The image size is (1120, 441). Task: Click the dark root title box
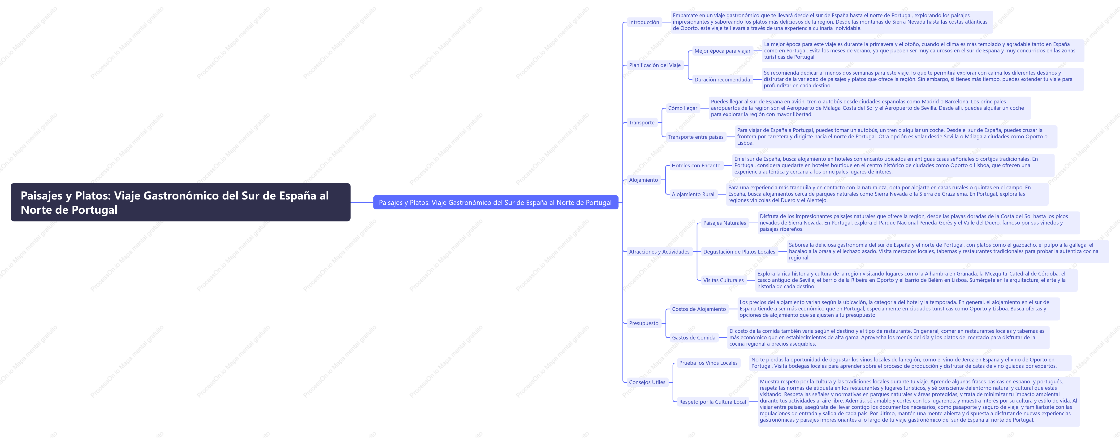[x=180, y=203]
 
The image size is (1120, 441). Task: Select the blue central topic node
[x=496, y=203]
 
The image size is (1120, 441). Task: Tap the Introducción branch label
[x=644, y=22]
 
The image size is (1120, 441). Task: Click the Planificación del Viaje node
[x=655, y=65]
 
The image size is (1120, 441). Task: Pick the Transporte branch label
[x=642, y=123]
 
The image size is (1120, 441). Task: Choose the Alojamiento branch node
[x=644, y=180]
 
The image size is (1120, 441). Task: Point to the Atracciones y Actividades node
[x=659, y=252]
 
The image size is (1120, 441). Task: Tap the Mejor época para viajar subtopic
[x=722, y=51]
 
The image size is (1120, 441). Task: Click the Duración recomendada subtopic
[x=722, y=80]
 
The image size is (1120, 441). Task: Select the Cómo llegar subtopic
[x=683, y=108]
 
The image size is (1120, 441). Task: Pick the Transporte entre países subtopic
[x=696, y=137]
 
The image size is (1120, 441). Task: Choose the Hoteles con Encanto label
[x=696, y=165]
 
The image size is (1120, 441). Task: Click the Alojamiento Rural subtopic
[x=693, y=194]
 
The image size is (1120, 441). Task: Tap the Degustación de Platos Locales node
[x=739, y=252]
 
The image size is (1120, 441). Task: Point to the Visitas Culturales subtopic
[x=723, y=280]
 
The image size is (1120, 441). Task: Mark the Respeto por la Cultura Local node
[x=713, y=402]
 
